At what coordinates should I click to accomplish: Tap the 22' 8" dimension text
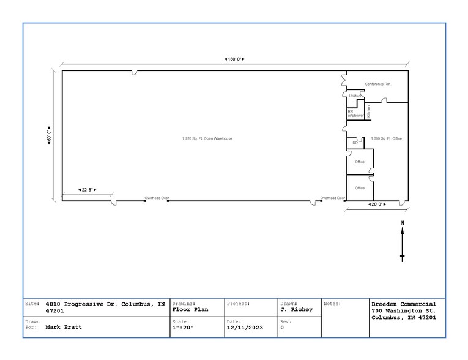(x=87, y=190)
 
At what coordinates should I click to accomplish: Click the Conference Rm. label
(x=377, y=84)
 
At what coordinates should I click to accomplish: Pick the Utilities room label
(x=355, y=96)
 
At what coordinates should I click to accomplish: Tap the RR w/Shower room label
(x=355, y=113)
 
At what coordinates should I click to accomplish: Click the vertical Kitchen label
(x=369, y=111)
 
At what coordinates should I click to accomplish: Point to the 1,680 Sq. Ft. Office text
(x=386, y=139)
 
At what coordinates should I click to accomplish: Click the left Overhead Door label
(x=157, y=198)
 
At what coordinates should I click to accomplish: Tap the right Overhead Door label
(x=333, y=198)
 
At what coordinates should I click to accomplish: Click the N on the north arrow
(x=403, y=223)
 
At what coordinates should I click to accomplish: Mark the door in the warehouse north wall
(x=135, y=73)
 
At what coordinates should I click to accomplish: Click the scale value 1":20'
(x=182, y=327)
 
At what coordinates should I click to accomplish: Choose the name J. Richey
(x=296, y=310)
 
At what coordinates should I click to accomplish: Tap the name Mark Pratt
(x=64, y=327)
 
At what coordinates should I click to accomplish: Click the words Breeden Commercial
(x=404, y=304)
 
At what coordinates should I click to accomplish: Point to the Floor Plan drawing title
(x=190, y=310)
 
